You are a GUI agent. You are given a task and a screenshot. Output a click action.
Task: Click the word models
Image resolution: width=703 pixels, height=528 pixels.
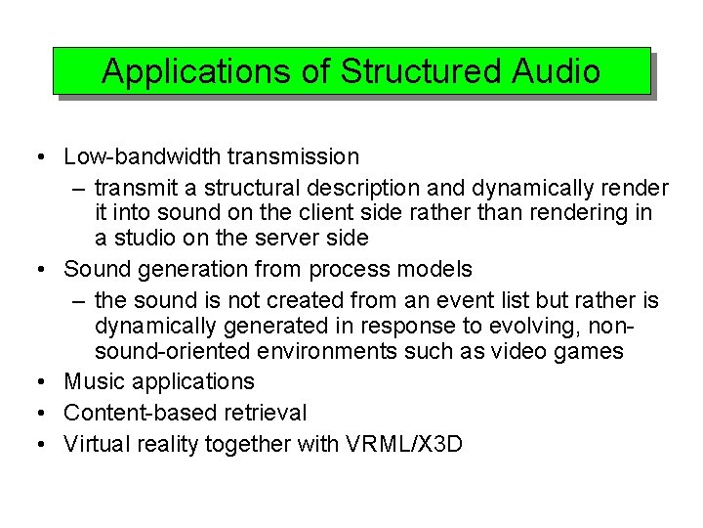(x=436, y=269)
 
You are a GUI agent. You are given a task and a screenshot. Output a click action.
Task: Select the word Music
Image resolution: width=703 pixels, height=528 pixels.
(x=93, y=382)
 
